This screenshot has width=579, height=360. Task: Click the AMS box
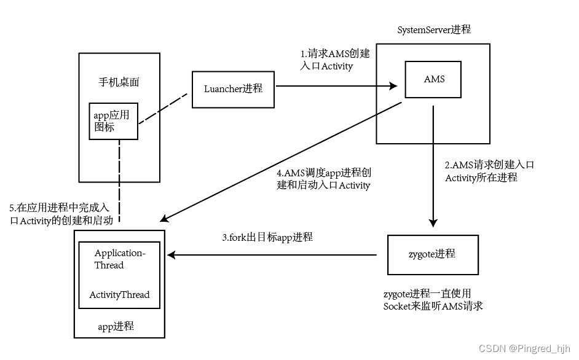click(433, 79)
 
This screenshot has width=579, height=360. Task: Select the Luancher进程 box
click(234, 88)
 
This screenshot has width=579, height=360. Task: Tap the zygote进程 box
click(433, 254)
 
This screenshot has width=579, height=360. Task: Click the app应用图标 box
click(113, 121)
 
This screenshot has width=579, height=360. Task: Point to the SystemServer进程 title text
click(434, 30)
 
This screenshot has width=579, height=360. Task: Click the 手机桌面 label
click(120, 82)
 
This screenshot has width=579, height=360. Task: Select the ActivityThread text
click(119, 295)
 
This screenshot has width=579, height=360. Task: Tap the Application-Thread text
click(119, 259)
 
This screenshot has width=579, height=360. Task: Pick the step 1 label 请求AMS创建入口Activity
click(334, 60)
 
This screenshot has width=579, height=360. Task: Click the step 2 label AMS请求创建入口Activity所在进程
click(489, 171)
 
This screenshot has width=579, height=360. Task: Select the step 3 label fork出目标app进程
click(267, 237)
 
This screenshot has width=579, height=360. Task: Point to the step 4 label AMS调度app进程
click(324, 179)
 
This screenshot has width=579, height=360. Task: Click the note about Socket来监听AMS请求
click(432, 300)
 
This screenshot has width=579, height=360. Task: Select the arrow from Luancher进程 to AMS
click(335, 87)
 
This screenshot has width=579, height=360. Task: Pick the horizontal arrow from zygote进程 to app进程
click(274, 254)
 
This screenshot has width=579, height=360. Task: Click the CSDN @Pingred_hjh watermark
click(525, 348)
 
